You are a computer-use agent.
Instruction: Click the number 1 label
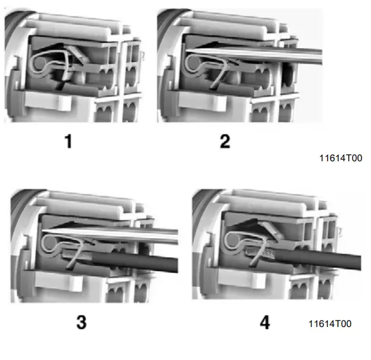tap(68, 141)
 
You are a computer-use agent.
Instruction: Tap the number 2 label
tap(224, 141)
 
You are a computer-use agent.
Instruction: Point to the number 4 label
tap(264, 322)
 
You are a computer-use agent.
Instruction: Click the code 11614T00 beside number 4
tap(329, 324)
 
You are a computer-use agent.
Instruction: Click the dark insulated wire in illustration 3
tap(140, 260)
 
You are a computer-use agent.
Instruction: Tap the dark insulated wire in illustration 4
tap(318, 262)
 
